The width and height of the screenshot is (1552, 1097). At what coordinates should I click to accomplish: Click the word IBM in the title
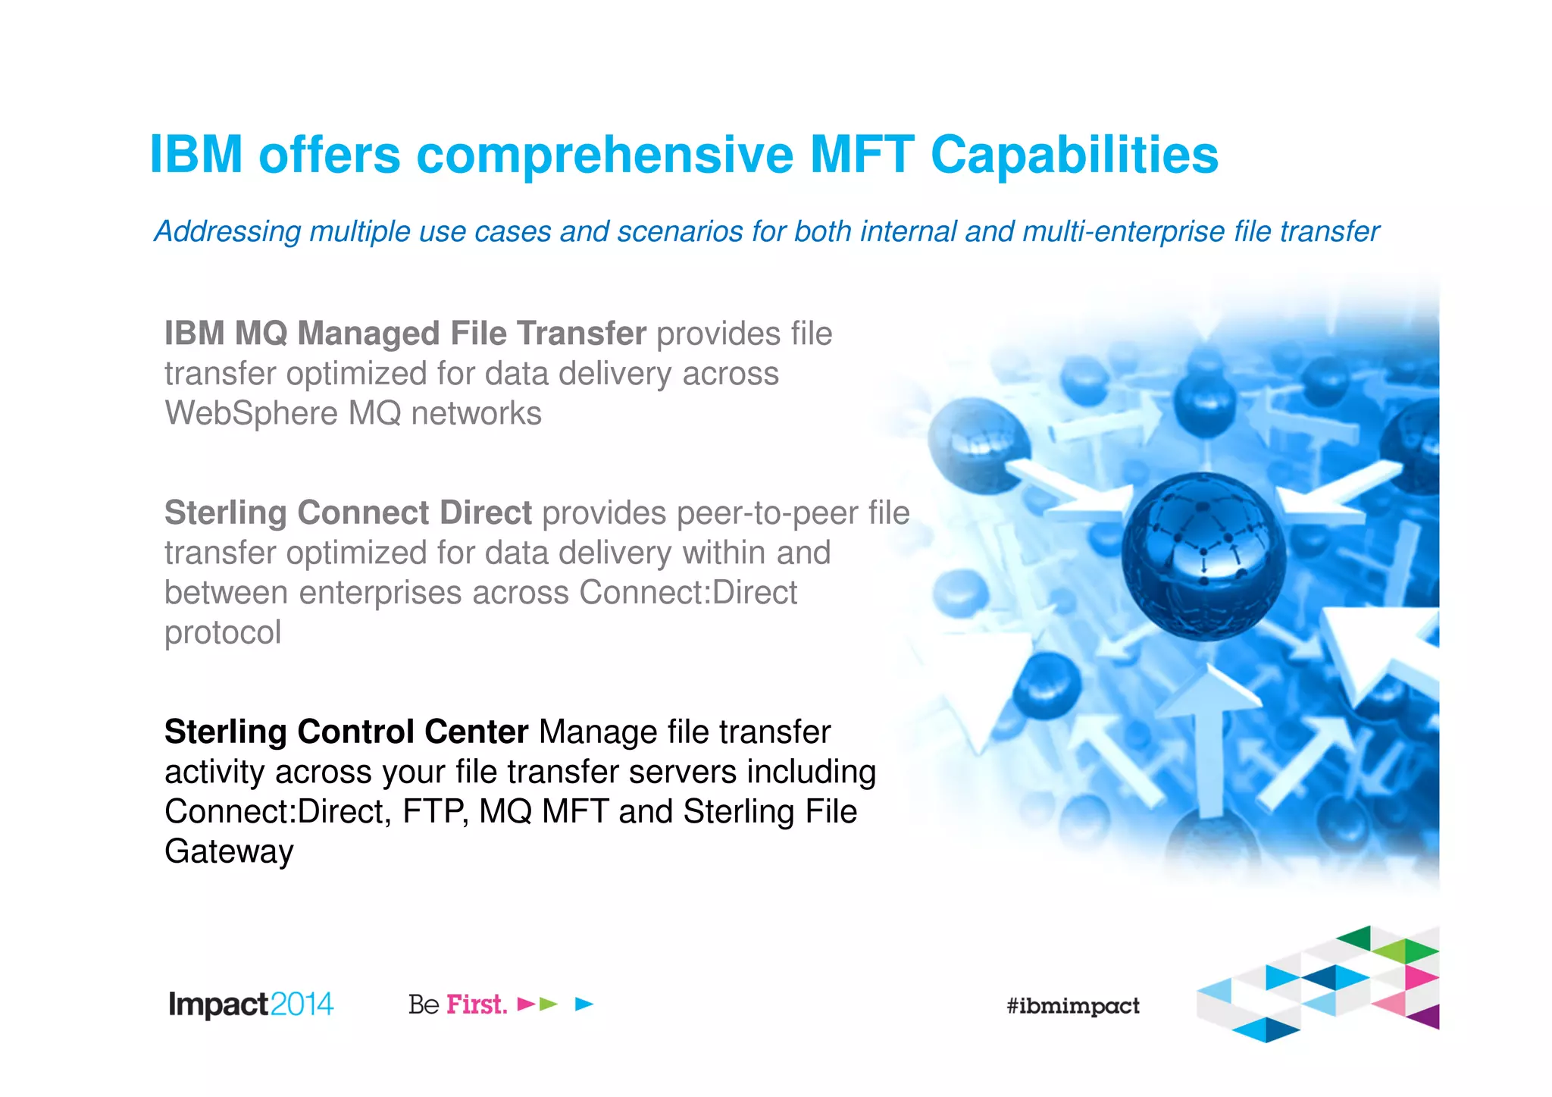pyautogui.click(x=196, y=155)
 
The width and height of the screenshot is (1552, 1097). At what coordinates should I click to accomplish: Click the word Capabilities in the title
pyautogui.click(x=1074, y=155)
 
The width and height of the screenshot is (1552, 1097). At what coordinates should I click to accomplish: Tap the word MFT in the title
pyautogui.click(x=862, y=155)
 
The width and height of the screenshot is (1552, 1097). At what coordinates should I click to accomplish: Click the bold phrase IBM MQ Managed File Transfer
pyautogui.click(x=405, y=334)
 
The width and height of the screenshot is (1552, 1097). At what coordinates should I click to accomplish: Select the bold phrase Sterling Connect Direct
pyautogui.click(x=348, y=513)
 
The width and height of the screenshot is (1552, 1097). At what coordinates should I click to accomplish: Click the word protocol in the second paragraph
pyautogui.click(x=223, y=633)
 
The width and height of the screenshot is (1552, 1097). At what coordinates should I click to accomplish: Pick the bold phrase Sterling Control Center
pyautogui.click(x=346, y=732)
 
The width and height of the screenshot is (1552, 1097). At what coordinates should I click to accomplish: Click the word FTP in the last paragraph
pyautogui.click(x=435, y=812)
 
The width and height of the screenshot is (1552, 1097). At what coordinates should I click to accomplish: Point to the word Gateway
pyautogui.click(x=229, y=852)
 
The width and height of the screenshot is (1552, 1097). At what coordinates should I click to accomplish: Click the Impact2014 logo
pyautogui.click(x=251, y=1005)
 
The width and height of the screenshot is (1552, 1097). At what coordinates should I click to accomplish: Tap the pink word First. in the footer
pyautogui.click(x=477, y=1005)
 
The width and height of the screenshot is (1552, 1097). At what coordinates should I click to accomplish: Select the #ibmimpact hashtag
pyautogui.click(x=1072, y=1006)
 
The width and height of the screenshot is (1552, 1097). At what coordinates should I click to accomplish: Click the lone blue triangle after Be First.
pyautogui.click(x=584, y=1005)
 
